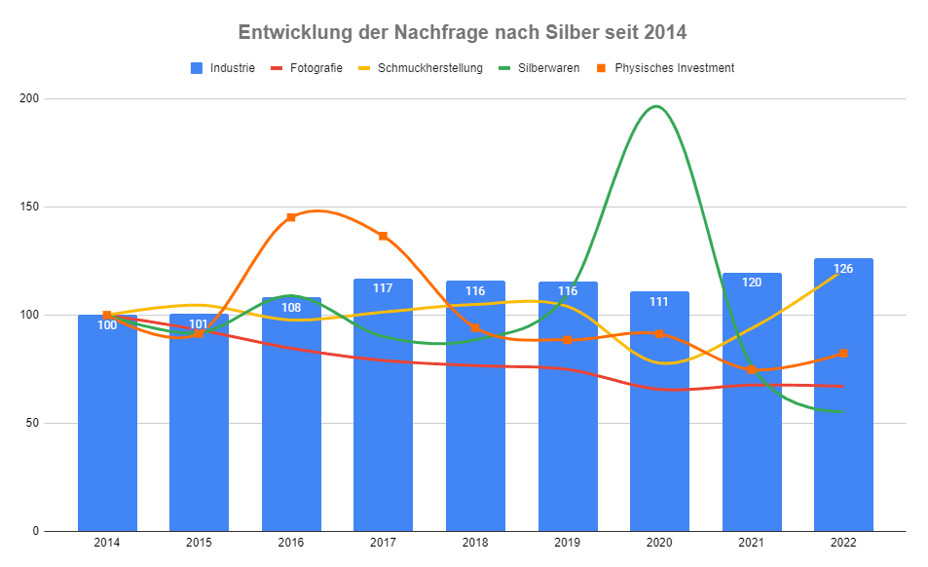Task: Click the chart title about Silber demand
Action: click(463, 32)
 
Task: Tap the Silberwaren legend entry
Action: click(538, 68)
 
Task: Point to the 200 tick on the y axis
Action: click(29, 98)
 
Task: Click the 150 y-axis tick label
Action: click(29, 207)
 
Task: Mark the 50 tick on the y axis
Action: click(32, 423)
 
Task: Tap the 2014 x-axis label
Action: click(107, 543)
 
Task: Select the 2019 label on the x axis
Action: click(568, 543)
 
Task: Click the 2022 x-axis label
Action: click(843, 543)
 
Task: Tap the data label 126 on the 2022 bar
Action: click(843, 269)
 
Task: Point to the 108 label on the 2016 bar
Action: click(291, 308)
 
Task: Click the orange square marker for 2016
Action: click(291, 217)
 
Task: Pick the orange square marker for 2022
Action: click(843, 354)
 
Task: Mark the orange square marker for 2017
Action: click(383, 236)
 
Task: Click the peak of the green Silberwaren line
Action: click(658, 106)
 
